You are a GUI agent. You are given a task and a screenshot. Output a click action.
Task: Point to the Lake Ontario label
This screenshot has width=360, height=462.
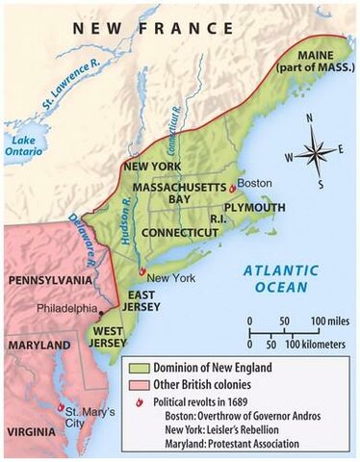20,147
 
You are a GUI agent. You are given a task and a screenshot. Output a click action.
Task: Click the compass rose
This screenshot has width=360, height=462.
314,152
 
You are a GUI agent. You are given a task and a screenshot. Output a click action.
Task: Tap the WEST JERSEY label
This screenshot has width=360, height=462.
111,337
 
